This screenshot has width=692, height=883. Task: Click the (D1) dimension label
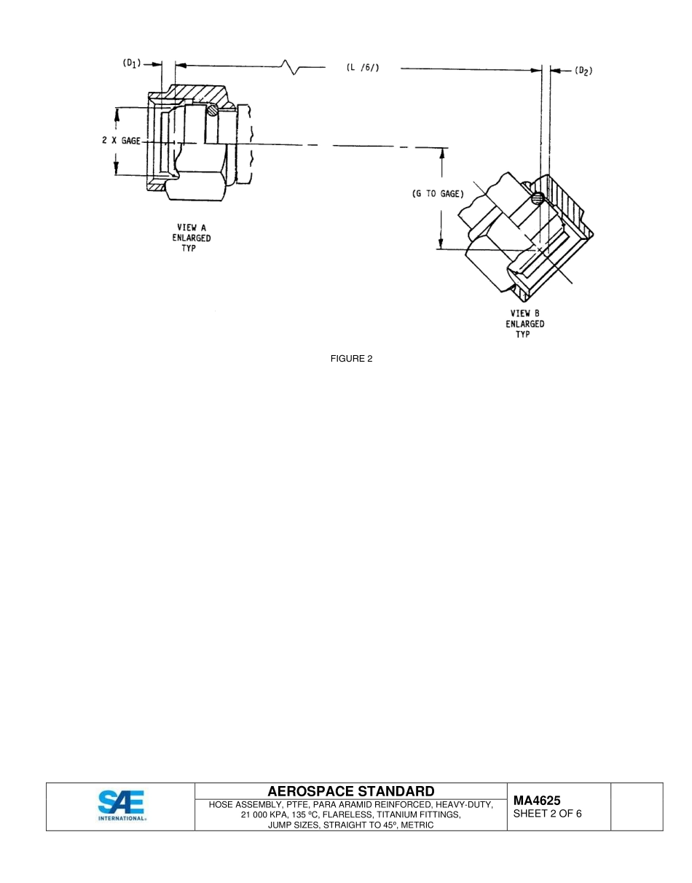(x=131, y=63)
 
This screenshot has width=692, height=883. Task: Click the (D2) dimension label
(x=583, y=70)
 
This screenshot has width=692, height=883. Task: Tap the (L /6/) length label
(x=362, y=68)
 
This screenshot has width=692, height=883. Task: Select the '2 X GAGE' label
(x=121, y=140)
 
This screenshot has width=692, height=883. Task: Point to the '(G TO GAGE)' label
(x=434, y=194)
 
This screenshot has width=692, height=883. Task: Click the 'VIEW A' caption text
(x=192, y=227)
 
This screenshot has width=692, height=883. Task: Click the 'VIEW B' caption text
(x=524, y=314)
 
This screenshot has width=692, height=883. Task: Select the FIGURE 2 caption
(x=351, y=358)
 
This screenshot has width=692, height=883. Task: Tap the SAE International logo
(x=121, y=806)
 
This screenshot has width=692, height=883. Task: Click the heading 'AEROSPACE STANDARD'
(x=350, y=791)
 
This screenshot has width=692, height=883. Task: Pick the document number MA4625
(x=537, y=801)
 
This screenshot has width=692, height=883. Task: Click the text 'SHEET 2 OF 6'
(x=547, y=814)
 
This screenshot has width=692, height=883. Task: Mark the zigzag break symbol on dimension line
(x=292, y=68)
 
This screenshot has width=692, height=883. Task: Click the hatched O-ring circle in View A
(x=211, y=110)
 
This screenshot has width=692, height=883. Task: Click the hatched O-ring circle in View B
(x=538, y=198)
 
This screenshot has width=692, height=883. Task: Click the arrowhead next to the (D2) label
(x=554, y=70)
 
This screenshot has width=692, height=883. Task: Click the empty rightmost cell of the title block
(x=636, y=806)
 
